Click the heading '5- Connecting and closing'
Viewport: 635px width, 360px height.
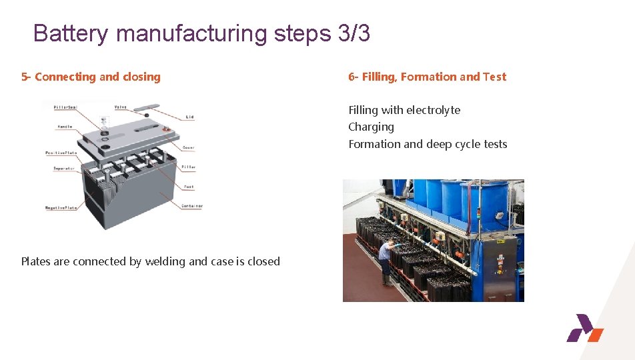pyautogui.click(x=91, y=77)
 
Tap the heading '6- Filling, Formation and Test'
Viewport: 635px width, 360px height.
pyautogui.click(x=427, y=77)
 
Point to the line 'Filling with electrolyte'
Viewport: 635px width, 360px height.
pyautogui.click(x=404, y=110)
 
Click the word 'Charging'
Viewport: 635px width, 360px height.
pyautogui.click(x=371, y=127)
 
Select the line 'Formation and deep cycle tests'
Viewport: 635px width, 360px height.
pyautogui.click(x=428, y=144)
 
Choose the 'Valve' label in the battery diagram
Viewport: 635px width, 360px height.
pyautogui.click(x=121, y=107)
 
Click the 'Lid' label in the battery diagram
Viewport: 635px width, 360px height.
pyautogui.click(x=189, y=117)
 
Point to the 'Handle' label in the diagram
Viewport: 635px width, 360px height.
pyautogui.click(x=64, y=126)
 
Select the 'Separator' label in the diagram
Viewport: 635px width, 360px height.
pyautogui.click(x=65, y=168)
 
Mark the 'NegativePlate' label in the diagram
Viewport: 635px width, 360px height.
pyautogui.click(x=61, y=207)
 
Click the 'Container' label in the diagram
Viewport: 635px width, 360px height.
pyautogui.click(x=191, y=206)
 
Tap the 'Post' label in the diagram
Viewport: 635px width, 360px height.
pyautogui.click(x=189, y=187)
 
